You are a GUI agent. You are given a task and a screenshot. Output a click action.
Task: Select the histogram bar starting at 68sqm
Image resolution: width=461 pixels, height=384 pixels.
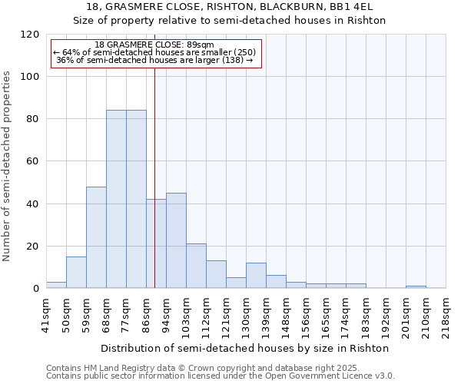tap(116, 199)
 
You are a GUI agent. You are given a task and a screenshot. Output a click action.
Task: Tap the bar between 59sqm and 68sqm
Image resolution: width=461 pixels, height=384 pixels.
tap(96, 237)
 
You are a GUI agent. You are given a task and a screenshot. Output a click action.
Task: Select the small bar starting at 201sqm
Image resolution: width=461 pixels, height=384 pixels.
tap(416, 287)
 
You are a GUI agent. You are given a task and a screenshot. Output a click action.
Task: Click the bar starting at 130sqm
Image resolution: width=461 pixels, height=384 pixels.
tap(256, 276)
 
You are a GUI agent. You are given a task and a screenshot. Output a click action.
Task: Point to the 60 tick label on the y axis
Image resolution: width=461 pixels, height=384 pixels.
tap(32, 161)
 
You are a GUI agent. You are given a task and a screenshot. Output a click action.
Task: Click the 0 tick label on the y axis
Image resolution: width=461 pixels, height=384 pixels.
tap(35, 289)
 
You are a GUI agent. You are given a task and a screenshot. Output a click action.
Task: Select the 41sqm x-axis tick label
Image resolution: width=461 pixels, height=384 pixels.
tap(47, 314)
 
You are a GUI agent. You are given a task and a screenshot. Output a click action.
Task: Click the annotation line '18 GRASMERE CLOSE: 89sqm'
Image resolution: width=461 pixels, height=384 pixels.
tap(155, 45)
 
